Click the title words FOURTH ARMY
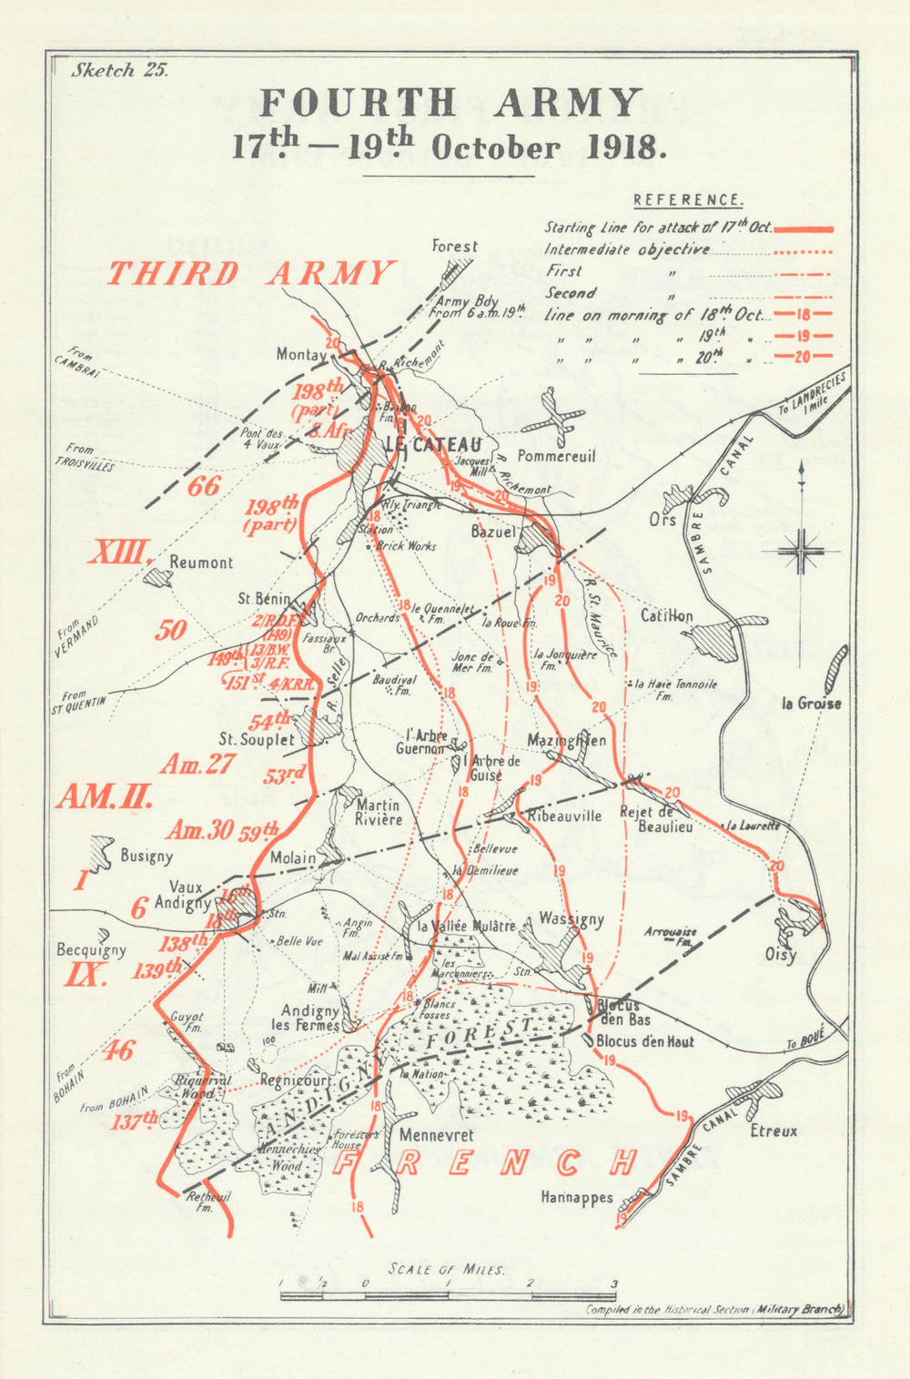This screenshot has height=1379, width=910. tap(450, 103)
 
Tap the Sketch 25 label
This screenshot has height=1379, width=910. tap(119, 71)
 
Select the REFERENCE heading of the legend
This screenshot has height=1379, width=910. tap(688, 200)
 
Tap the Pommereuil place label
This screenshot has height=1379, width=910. tap(556, 455)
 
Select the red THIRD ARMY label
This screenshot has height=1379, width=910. tap(251, 273)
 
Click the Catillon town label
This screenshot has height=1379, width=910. tap(666, 616)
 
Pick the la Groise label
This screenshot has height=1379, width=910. tap(812, 703)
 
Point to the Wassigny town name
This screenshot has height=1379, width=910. tap(571, 919)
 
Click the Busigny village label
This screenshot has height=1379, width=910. tap(146, 856)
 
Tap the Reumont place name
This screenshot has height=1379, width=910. tap(201, 563)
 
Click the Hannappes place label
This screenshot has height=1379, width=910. tap(576, 1198)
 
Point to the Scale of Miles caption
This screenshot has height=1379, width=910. tap(446, 1269)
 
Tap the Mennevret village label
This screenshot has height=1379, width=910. tap(436, 1136)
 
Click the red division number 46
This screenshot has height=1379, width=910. tap(117, 1050)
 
